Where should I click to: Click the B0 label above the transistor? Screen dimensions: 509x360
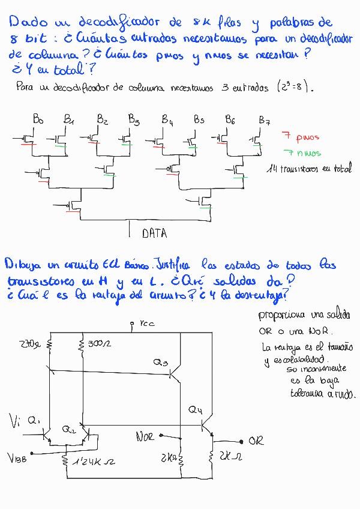[38, 120]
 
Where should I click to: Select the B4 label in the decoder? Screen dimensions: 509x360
[167, 119]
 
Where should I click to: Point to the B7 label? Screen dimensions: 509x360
[264, 120]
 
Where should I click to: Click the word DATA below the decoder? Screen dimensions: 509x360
[154, 233]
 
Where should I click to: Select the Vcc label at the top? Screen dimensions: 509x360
[146, 324]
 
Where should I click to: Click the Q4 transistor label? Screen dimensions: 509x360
[196, 410]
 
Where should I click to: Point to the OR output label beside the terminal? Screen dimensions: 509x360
[256, 441]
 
